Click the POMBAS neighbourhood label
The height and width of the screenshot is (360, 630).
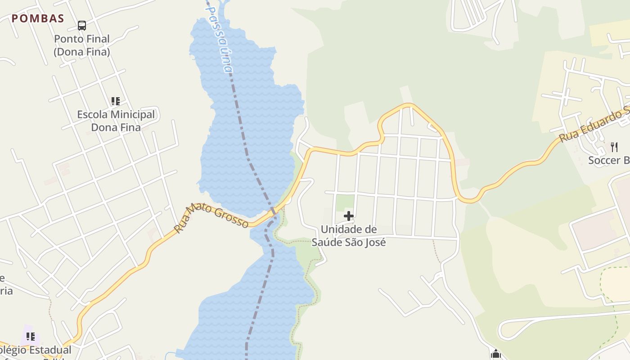pyautogui.click(x=38, y=18)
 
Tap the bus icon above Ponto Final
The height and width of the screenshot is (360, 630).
pyautogui.click(x=81, y=26)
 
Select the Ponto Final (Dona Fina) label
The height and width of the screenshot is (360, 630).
pyautogui.click(x=82, y=45)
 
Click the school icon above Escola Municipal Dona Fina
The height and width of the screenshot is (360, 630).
pyautogui.click(x=116, y=101)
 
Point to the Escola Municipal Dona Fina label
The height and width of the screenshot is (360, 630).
pyautogui.click(x=116, y=121)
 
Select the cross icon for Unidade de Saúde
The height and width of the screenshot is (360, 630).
pyautogui.click(x=349, y=216)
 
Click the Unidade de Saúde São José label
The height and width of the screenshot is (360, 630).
pyautogui.click(x=349, y=236)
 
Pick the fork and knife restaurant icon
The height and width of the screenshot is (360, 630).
pyautogui.click(x=614, y=147)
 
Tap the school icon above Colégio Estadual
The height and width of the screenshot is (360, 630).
pyautogui.click(x=31, y=336)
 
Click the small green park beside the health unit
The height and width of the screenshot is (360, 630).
pyautogui.click(x=345, y=202)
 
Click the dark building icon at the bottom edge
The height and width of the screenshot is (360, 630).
pyautogui.click(x=496, y=354)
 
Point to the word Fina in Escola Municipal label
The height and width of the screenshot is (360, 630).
pyautogui.click(x=129, y=127)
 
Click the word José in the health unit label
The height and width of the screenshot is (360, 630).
pyautogui.click(x=374, y=242)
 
